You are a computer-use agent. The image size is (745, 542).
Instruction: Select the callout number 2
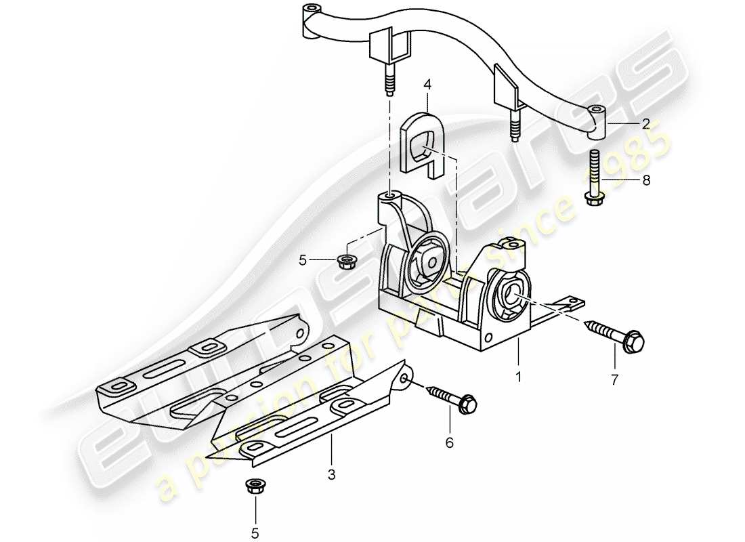645,124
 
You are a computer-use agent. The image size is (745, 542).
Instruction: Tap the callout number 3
332,475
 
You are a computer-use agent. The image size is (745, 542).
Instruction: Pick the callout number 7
614,381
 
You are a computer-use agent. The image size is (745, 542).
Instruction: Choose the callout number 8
645,180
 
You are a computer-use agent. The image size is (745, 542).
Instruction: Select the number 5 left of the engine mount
303,258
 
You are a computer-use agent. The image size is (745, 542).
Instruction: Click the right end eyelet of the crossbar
596,114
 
